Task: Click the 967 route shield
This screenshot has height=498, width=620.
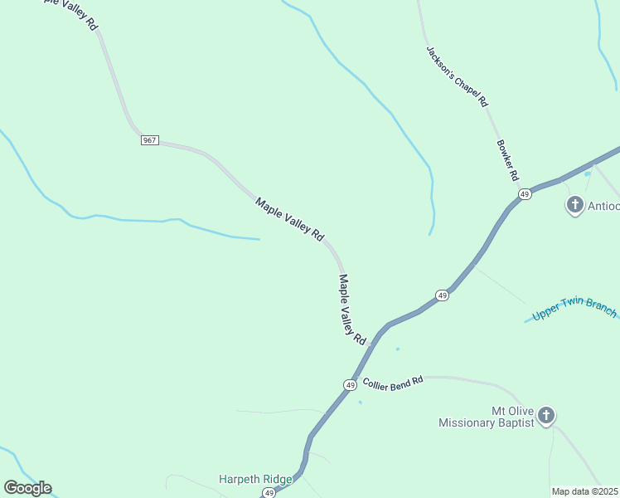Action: tap(149, 140)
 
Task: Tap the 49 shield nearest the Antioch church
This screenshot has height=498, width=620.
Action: tap(525, 193)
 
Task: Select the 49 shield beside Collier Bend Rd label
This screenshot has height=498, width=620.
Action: tap(351, 385)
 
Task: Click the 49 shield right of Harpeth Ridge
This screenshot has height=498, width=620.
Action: tap(269, 493)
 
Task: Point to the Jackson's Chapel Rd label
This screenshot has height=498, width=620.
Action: tap(458, 76)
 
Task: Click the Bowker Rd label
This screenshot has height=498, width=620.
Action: tap(507, 159)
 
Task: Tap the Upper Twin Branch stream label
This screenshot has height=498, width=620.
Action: tap(574, 309)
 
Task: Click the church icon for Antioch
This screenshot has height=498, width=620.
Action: tap(574, 204)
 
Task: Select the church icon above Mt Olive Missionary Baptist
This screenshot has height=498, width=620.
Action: tap(545, 414)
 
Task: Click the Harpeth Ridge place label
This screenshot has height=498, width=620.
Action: tap(255, 479)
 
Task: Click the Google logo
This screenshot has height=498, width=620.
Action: tap(27, 488)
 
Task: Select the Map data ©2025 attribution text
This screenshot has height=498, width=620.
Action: tap(584, 491)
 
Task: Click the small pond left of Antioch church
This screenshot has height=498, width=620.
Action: tap(587, 173)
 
